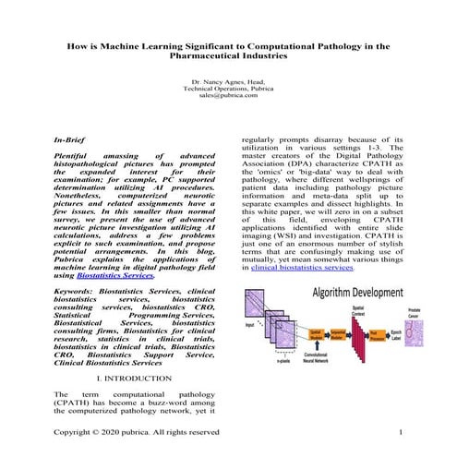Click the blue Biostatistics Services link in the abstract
pyautogui.click(x=138, y=275)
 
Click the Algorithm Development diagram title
pyautogui.click(x=356, y=292)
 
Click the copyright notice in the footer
pyautogui.click(x=138, y=431)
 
